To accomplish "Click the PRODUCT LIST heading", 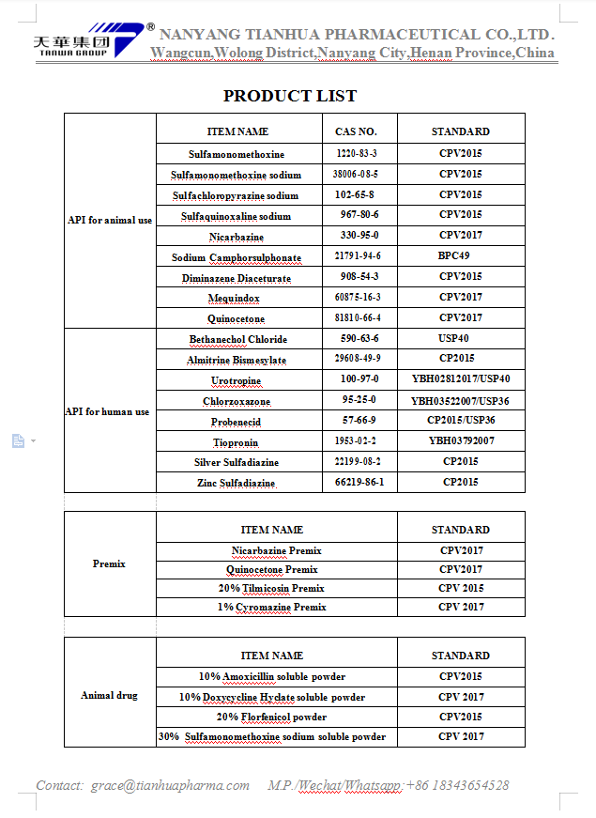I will pos(290,96).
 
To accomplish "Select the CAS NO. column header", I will pos(356,131).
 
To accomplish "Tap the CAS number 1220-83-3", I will pos(356,153).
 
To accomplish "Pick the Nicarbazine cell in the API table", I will pos(237,237).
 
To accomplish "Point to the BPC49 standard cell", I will pos(454,256).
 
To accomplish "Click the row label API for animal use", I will pos(110,221).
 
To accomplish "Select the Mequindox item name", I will pos(234,298).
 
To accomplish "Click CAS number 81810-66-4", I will pos(358,318).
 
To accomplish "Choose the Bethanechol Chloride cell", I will pos(237,339).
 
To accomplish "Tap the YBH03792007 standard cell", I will pos(461,440).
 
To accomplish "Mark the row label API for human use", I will pos(107,411).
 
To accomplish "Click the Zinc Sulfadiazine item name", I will pos(236,483).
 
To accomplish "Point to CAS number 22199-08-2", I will pos(359,461).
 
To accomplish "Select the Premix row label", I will pos(109,563).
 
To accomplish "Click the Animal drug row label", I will pos(109,696).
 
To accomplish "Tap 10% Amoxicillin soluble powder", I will pos(271,676).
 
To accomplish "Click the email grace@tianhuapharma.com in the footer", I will pos(170,785).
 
